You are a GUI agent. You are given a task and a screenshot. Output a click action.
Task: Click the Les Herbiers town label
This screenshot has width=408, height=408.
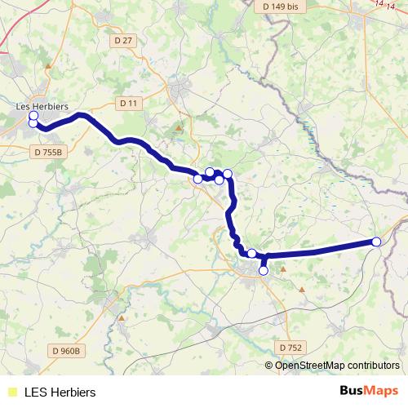(42, 106)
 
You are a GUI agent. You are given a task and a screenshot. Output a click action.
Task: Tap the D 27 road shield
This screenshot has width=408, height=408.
(123, 39)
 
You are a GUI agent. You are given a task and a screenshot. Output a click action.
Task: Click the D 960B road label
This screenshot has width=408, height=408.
(67, 351)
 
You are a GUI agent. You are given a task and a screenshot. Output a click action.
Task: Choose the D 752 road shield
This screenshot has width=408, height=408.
(290, 347)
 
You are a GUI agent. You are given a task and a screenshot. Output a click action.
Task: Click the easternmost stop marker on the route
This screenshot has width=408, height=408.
(376, 242)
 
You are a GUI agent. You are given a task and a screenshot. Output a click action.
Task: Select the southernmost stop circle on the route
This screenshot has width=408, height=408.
(263, 270)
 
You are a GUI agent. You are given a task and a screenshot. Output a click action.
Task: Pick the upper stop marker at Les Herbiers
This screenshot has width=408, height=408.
(33, 116)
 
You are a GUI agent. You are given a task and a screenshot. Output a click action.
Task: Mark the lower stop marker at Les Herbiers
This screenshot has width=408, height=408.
(33, 123)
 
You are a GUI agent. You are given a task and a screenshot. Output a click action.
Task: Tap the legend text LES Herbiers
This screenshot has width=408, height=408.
(60, 392)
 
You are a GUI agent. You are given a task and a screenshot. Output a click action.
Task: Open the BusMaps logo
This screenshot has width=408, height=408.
(369, 391)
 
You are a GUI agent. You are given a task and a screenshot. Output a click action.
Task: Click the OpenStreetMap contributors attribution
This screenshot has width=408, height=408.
(337, 366)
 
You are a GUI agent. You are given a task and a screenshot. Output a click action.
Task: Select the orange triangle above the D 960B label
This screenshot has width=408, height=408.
(122, 317)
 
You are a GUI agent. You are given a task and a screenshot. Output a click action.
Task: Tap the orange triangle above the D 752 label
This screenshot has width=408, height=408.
(302, 289)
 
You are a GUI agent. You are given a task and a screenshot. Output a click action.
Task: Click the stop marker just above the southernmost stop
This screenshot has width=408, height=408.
(252, 254)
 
